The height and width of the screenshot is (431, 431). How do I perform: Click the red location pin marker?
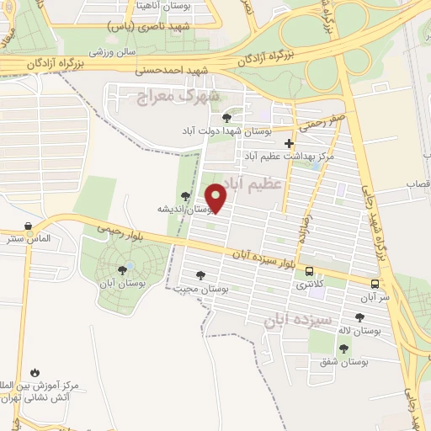click(x=217, y=199)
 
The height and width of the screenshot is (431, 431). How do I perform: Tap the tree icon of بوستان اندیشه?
click(x=185, y=195)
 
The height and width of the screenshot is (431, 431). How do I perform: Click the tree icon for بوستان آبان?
click(x=124, y=269)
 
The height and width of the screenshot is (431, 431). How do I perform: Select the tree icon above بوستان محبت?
click(x=200, y=274)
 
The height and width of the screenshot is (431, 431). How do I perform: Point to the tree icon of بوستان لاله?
click(x=360, y=317)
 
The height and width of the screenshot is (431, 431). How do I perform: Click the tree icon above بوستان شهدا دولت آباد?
click(x=226, y=117)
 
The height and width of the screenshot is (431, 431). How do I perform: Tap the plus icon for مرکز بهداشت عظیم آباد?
click(x=289, y=143)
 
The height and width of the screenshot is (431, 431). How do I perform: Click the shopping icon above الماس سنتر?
click(x=29, y=226)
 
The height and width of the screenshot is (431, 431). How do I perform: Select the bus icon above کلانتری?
click(x=311, y=272)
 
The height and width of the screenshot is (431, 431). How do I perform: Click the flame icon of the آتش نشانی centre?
click(x=35, y=371)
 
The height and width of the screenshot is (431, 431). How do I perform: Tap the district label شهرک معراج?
click(x=178, y=96)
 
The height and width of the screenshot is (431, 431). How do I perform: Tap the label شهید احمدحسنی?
click(x=175, y=72)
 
